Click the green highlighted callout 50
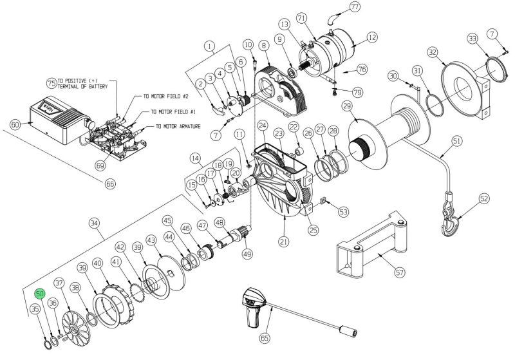click(40, 294)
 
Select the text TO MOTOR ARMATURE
click(185, 126)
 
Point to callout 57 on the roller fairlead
click(400, 272)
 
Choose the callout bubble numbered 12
click(371, 39)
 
